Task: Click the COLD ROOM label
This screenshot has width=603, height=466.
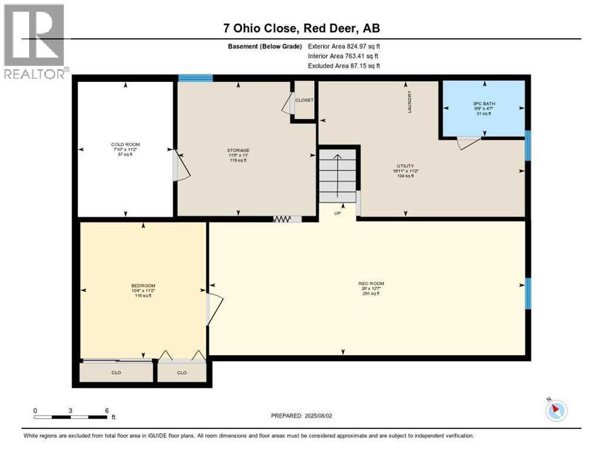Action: coord(126,145)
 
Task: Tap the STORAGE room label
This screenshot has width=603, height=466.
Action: coord(238,150)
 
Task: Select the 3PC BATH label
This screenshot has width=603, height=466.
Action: coord(484,103)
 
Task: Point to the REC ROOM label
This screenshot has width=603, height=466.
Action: coord(371,283)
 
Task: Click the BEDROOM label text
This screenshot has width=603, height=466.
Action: coord(143,286)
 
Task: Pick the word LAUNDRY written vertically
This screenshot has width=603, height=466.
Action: coord(410,102)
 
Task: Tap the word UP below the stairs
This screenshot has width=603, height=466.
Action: coord(337,213)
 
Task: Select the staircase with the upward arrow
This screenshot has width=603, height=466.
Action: coord(338,177)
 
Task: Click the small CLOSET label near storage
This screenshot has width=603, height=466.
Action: coord(304,100)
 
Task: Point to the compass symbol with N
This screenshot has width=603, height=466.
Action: coord(556,410)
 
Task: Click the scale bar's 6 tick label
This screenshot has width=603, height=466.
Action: coord(107,411)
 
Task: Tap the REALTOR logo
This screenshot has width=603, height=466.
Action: coord(35,42)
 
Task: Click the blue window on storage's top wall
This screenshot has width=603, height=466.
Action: coord(195,78)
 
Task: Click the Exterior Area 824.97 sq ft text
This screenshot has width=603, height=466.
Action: coord(344,46)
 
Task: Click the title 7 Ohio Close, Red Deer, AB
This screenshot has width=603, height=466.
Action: coord(301,28)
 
